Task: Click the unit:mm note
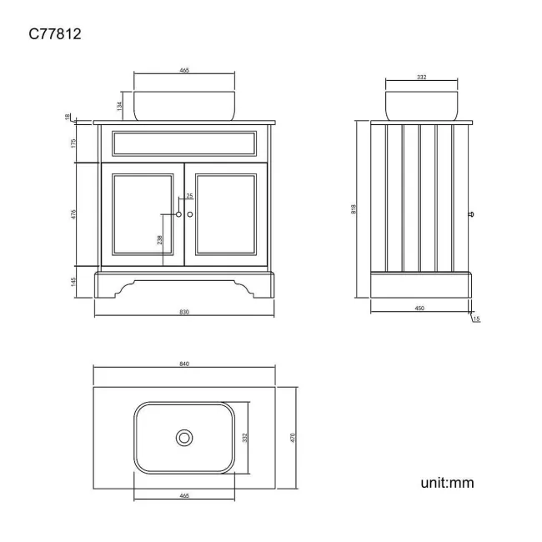point(448,483)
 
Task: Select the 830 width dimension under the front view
point(184,313)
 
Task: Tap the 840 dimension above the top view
point(184,364)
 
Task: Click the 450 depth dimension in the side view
point(420,309)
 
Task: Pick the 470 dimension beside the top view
point(294,437)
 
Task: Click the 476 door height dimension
point(75,214)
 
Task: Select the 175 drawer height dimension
point(75,143)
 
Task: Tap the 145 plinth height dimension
point(75,281)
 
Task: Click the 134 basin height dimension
point(119,105)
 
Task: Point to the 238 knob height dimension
point(159,240)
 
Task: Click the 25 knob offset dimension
point(189,196)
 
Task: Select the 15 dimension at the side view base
point(476,319)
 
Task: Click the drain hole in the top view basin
point(183,437)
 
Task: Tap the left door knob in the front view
point(178,214)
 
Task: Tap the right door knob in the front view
point(190,214)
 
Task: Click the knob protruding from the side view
point(474,213)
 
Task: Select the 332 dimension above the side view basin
point(421,77)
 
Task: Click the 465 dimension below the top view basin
point(184,495)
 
